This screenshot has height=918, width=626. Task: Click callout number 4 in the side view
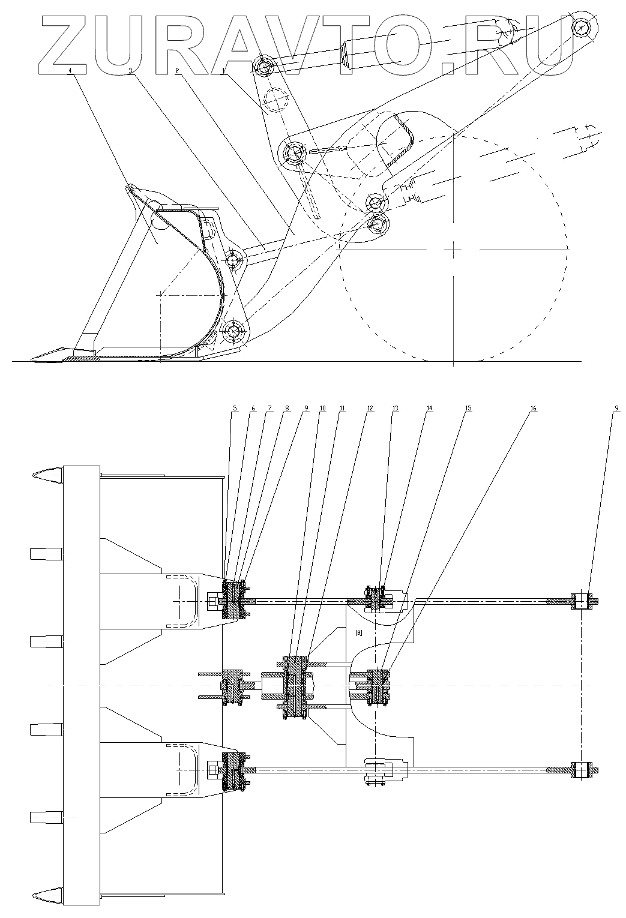pos(70,70)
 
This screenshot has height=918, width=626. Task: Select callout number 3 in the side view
pos(130,70)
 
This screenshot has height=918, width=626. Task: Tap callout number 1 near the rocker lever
pos(224,70)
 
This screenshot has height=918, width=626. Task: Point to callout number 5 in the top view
pos(235,409)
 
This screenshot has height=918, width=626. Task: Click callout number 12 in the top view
pos(370,409)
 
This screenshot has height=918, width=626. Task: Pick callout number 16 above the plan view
pos(533,409)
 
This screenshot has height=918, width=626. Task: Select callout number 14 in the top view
pos(429,409)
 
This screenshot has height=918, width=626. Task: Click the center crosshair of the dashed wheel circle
pos(454,248)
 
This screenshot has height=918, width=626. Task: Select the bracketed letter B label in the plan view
pos(358,632)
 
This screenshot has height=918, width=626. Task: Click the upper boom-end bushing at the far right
pos(581,601)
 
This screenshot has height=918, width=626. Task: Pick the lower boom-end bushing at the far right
pos(581,770)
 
